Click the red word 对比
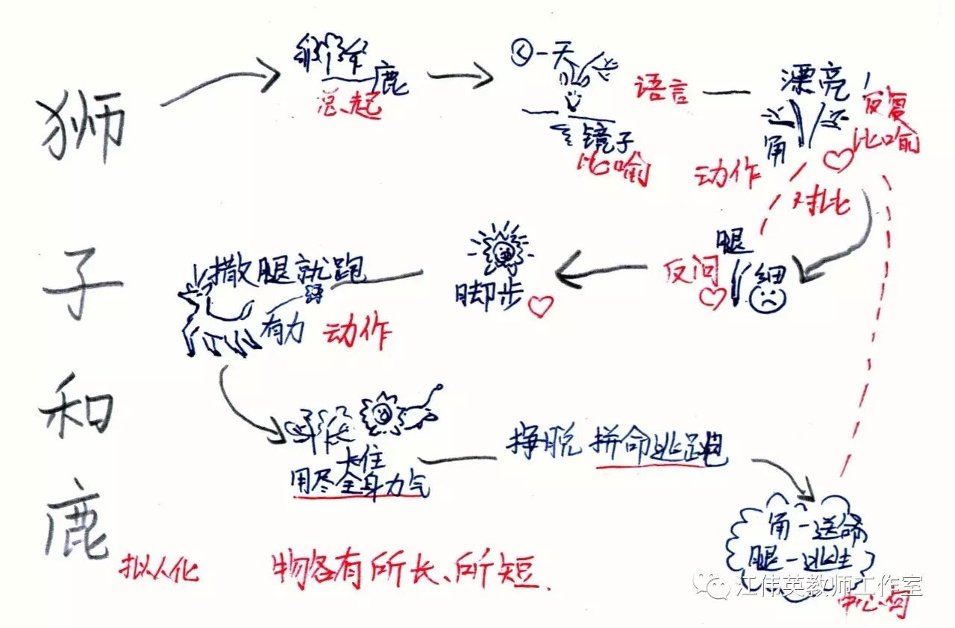tap(823, 203)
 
